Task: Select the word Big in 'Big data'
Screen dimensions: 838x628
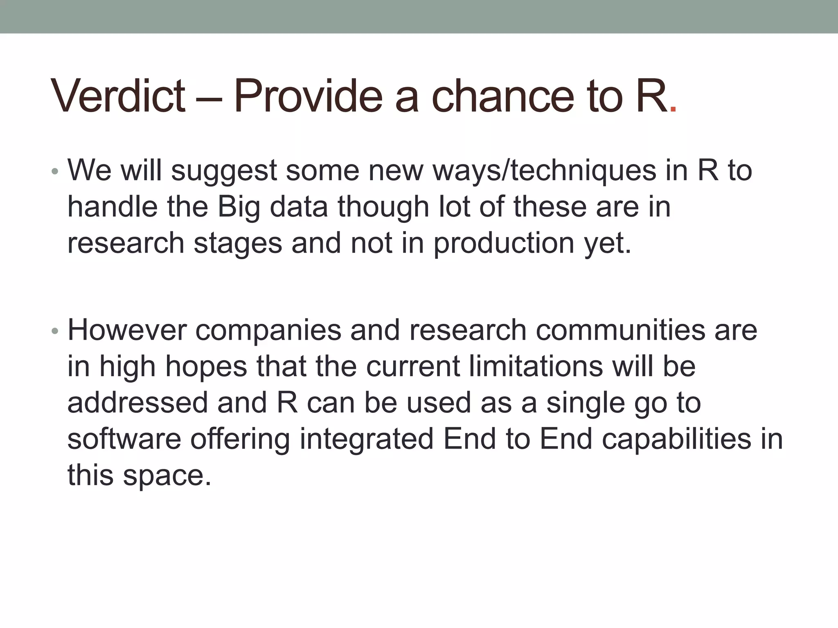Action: [x=239, y=207]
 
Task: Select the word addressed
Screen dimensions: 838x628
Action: [x=138, y=402]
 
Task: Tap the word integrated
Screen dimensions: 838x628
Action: [x=366, y=439]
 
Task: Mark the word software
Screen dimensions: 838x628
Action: [x=124, y=439]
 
